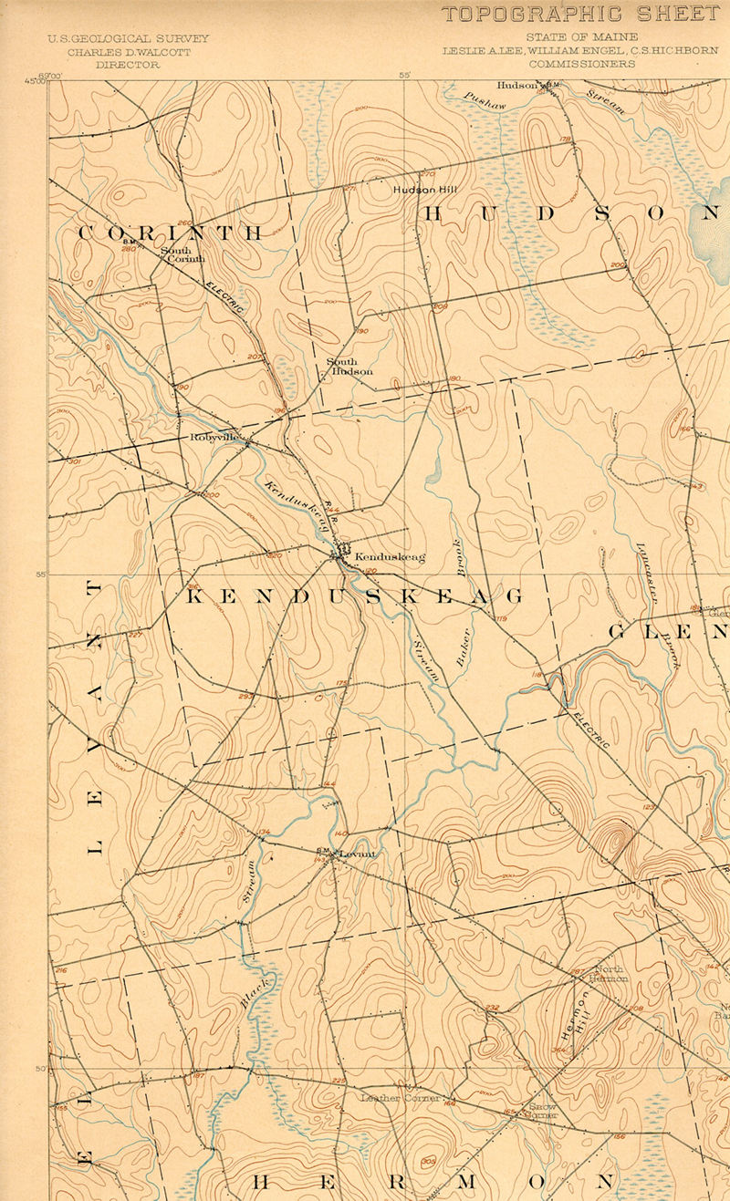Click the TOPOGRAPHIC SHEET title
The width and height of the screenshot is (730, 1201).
tap(580, 15)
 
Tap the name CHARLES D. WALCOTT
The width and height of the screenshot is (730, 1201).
tap(129, 52)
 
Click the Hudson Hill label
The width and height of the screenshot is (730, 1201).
tap(423, 190)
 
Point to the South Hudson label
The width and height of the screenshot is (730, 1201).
tap(349, 367)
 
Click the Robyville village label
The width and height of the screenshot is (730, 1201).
tap(215, 438)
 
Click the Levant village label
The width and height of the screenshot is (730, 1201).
tap(358, 854)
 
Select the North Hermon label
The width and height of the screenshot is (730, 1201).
tap(609, 973)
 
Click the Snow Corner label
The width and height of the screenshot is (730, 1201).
tap(542, 1110)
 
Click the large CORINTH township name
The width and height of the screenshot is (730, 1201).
tap(170, 233)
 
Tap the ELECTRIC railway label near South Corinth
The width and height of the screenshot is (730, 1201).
tap(224, 295)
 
